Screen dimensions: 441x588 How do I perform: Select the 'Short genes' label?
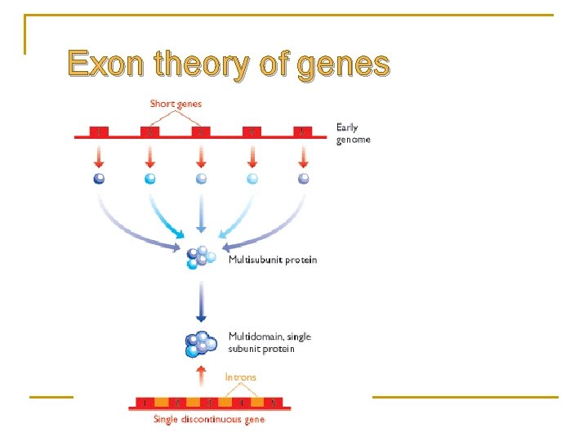[x=176, y=104]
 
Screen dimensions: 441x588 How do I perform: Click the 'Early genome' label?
[x=353, y=133]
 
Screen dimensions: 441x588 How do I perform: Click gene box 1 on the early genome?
[x=100, y=131]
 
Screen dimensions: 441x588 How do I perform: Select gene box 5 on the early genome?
[x=303, y=131]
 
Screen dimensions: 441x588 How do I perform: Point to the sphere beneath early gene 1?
[x=100, y=179]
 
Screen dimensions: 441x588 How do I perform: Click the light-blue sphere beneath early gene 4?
[x=252, y=179]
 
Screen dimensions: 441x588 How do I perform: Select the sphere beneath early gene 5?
[x=303, y=179]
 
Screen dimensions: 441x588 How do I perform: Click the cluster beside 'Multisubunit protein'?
[x=200, y=257]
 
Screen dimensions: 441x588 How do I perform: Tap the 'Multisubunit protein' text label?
[x=273, y=261]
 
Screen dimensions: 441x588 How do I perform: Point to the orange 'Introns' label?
[x=240, y=377]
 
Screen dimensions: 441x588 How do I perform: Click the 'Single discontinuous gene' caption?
[x=209, y=420]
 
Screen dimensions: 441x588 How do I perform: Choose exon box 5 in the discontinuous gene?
[x=273, y=403]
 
